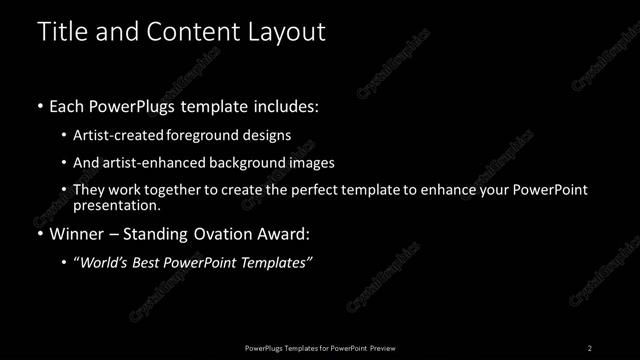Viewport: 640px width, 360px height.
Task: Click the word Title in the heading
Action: (x=61, y=32)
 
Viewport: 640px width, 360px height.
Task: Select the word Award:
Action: (x=283, y=235)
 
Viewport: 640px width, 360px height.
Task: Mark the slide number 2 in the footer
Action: (x=590, y=347)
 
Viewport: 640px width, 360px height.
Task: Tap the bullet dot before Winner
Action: (x=39, y=235)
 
